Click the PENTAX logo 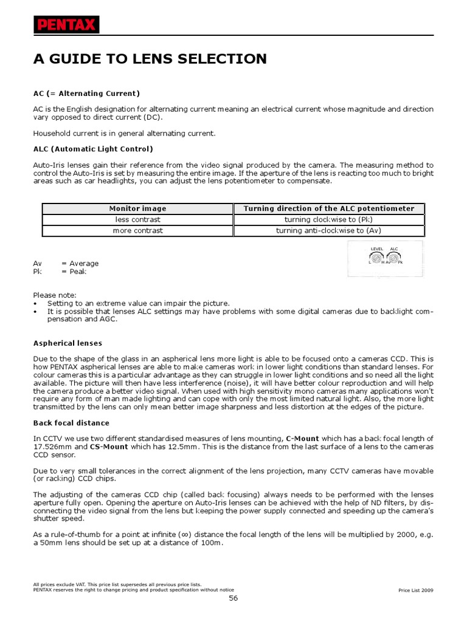pyautogui.click(x=66, y=25)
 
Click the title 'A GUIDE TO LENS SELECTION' pyautogui.click(x=150, y=59)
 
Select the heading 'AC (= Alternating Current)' pyautogui.click(x=86, y=93)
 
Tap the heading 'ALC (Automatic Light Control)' pyautogui.click(x=93, y=149)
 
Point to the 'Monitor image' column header pyautogui.click(x=137, y=208)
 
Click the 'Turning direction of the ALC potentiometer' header pyautogui.click(x=329, y=208)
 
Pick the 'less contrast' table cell pyautogui.click(x=137, y=219)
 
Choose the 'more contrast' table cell pyautogui.click(x=137, y=231)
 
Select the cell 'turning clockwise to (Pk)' pyautogui.click(x=329, y=219)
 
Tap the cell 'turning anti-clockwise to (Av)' pyautogui.click(x=329, y=231)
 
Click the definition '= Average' pyautogui.click(x=80, y=264)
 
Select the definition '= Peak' pyautogui.click(x=74, y=272)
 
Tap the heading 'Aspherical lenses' pyautogui.click(x=67, y=343)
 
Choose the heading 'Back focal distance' pyautogui.click(x=71, y=423)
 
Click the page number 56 pyautogui.click(x=233, y=598)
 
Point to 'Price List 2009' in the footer pyautogui.click(x=416, y=590)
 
